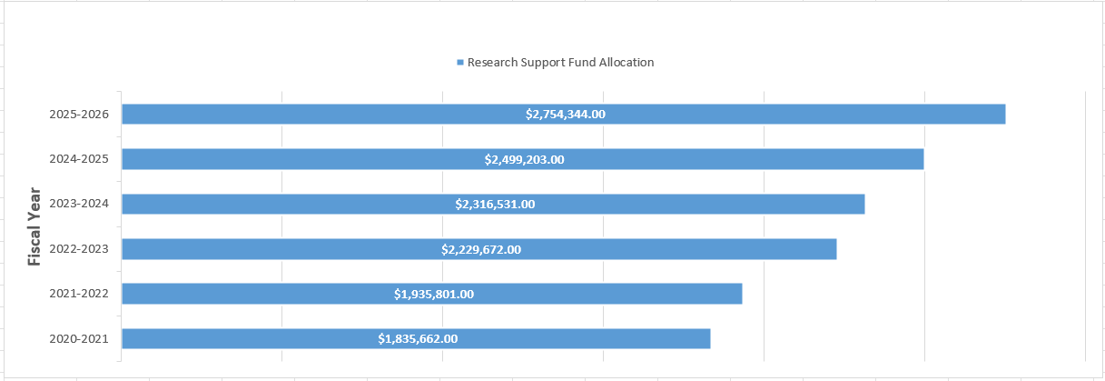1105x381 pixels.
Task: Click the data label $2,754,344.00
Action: coord(565,114)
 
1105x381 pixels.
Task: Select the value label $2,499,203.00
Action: coord(524,159)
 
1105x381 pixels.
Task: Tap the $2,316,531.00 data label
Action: coord(495,204)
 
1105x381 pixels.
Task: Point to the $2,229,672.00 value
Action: coord(481,249)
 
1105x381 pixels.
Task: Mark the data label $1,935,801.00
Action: coord(433,294)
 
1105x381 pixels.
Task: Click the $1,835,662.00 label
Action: coord(418,338)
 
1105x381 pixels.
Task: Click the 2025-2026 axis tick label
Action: coord(80,115)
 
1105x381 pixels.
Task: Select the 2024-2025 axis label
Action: coord(80,159)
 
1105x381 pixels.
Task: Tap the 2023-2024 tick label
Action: coord(80,204)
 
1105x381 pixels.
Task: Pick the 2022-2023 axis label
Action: coord(80,249)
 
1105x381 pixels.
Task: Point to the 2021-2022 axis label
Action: coord(80,294)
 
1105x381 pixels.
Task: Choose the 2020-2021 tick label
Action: coord(80,339)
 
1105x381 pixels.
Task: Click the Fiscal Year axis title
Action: coord(35,226)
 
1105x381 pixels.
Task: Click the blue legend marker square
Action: coord(460,63)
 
